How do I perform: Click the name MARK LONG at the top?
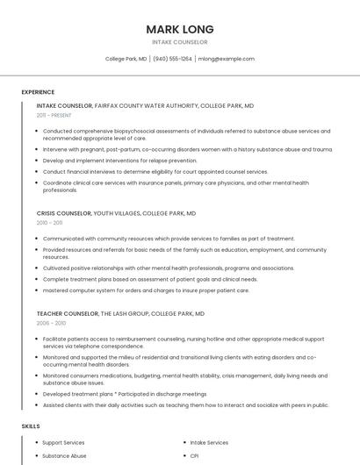pos(179,29)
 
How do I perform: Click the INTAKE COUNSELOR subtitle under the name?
pos(179,42)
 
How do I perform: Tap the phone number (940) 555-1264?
pos(172,59)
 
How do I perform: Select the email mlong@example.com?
pos(226,59)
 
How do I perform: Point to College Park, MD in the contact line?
pos(126,59)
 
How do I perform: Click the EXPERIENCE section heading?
pos(38,92)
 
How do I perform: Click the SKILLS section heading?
pos(30,426)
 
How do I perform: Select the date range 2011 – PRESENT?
pos(54,115)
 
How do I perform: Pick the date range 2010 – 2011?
pos(49,223)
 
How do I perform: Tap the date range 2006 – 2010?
pos(50,323)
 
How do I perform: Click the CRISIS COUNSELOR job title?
pos(63,213)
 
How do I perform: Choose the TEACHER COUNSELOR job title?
pos(67,313)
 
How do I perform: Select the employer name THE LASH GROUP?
pos(124,313)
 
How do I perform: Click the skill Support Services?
pos(63,443)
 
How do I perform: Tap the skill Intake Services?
pos(209,443)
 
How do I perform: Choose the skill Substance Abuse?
pos(64,456)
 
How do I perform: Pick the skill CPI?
pos(194,456)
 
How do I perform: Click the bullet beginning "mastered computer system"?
pos(133,290)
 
